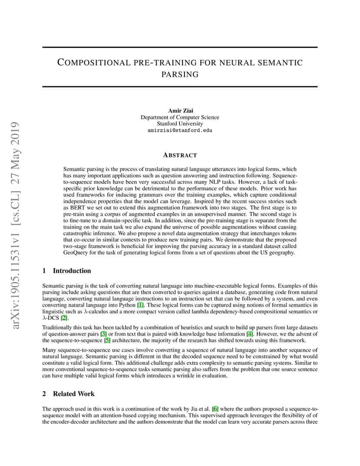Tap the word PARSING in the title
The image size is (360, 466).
[x=180, y=74]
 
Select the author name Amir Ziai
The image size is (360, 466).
[x=180, y=111]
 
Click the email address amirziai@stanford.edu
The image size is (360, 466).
[x=180, y=130]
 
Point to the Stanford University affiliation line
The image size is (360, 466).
[x=180, y=124]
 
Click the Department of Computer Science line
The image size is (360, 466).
[x=180, y=117]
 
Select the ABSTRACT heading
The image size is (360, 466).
[x=180, y=155]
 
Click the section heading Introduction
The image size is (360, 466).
[x=72, y=271]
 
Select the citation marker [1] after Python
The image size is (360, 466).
[x=140, y=305]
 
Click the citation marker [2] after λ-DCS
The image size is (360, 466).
[x=64, y=318]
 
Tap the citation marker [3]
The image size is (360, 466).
[x=103, y=334]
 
